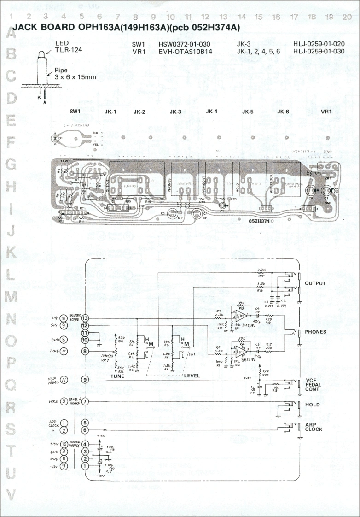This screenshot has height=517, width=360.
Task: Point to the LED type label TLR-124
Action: tap(69, 50)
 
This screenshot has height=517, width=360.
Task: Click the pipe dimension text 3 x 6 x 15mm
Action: tap(75, 77)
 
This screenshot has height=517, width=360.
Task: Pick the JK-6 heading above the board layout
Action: tap(283, 112)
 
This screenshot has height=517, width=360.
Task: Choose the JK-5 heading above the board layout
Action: tap(248, 112)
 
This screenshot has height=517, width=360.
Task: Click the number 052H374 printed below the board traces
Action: tap(259, 221)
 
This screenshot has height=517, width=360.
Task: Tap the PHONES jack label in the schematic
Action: tap(315, 332)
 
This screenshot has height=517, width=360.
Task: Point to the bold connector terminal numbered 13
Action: tap(85, 318)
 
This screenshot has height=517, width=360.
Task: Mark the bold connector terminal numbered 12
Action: tap(85, 325)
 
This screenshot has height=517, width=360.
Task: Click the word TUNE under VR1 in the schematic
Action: tap(117, 376)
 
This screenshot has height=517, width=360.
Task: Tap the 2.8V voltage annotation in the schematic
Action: tap(247, 377)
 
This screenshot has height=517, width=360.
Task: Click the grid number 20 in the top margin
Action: tap(347, 16)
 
